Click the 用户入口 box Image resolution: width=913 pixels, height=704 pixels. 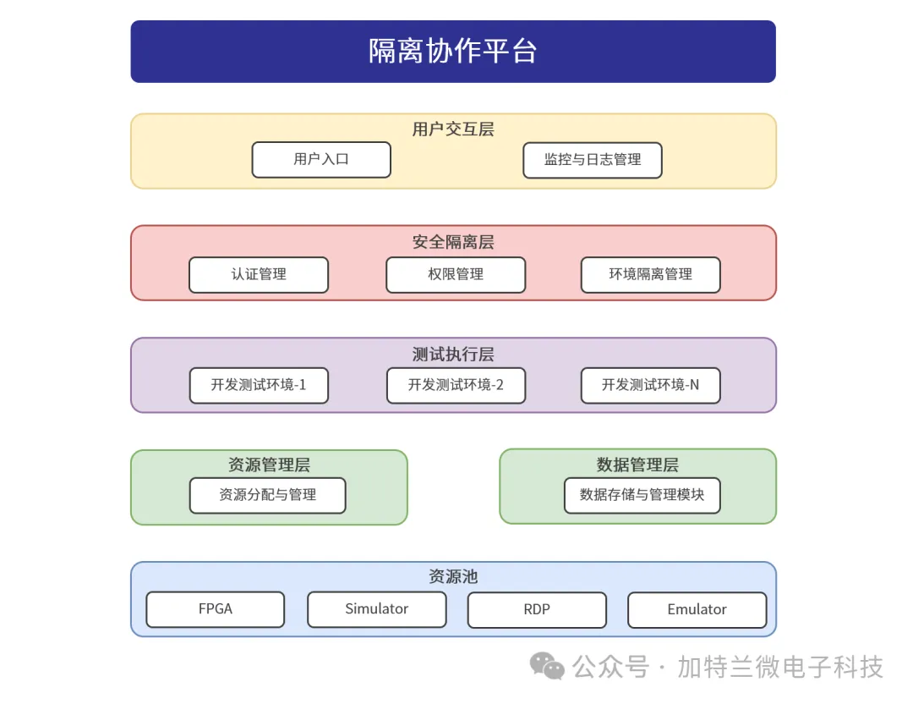pos(321,160)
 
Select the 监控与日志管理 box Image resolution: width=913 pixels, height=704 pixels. pos(593,160)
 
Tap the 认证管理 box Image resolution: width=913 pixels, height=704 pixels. pos(259,274)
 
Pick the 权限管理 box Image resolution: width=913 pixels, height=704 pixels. pos(456,274)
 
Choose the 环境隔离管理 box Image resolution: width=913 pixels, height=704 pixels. pos(651,274)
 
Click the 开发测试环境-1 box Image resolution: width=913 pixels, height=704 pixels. pos(260,385)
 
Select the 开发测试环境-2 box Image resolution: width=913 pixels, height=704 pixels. pos(456,385)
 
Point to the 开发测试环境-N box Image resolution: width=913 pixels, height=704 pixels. pos(651,385)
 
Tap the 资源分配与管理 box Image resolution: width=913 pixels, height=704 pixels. pos(268,495)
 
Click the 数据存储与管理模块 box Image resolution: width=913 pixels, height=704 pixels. pos(642,495)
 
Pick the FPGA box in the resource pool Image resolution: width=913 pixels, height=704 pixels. pos(216,609)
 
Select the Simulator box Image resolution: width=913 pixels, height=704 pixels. pos(377,609)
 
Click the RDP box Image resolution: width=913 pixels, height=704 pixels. pos(537,609)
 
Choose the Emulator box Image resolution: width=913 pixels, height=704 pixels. pos(697,609)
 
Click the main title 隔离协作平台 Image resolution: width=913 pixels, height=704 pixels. pos(453,51)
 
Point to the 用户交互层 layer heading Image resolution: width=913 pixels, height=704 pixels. pos(453,129)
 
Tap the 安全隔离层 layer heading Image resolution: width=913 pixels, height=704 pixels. pos(453,242)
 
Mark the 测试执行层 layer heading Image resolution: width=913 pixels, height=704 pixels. pos(453,354)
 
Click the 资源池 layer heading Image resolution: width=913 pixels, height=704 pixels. pos(453,576)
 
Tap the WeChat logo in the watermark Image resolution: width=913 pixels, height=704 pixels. pos(547,666)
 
